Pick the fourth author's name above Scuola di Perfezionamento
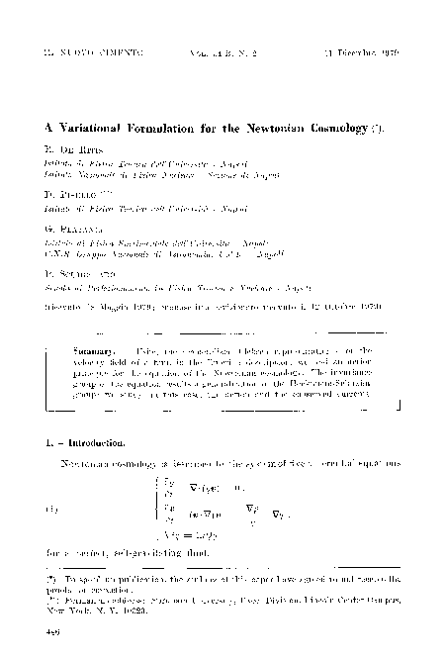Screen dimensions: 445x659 [74, 268]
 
